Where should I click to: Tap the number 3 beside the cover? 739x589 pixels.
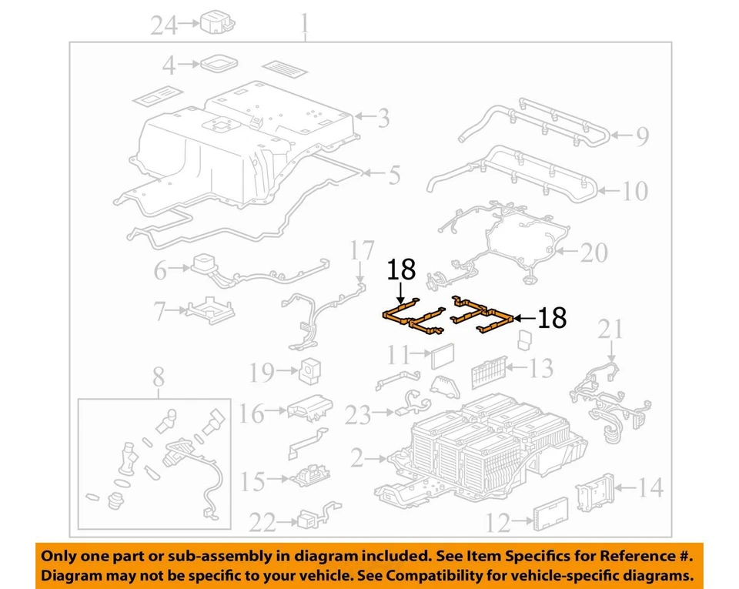(382, 118)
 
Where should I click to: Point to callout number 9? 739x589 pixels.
(641, 137)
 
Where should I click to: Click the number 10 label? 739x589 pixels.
(635, 190)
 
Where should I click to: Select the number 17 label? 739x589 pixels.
(361, 251)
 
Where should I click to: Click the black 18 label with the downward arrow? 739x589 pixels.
(401, 269)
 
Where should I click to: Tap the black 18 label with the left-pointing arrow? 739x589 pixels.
(552, 317)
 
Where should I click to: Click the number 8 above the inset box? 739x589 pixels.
(158, 378)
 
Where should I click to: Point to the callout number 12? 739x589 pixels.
(498, 524)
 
